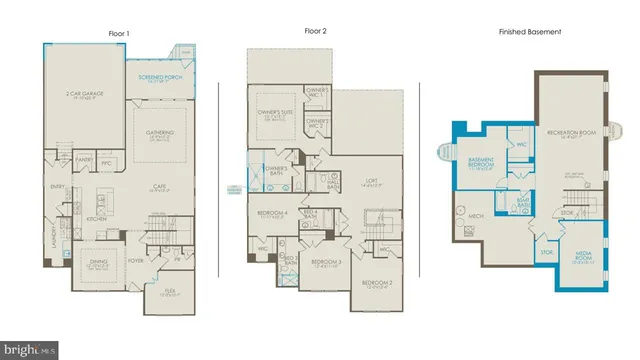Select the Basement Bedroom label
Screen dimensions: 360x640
click(484, 164)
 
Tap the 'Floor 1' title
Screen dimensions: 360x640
click(119, 32)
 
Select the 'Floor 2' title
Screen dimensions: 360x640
click(317, 31)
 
